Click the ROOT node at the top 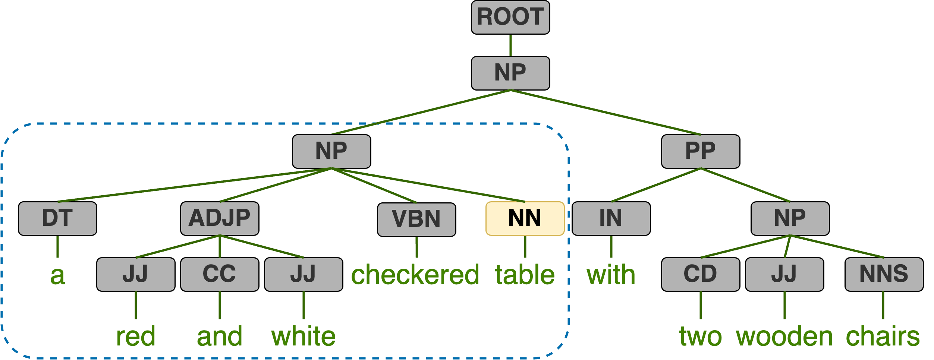click(510, 17)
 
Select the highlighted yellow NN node click(525, 218)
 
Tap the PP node click(700, 151)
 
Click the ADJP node click(220, 218)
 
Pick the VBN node click(416, 220)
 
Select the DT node click(57, 218)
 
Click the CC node click(220, 274)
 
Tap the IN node click(611, 218)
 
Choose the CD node click(700, 274)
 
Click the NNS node click(884, 274)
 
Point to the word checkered click(415, 275)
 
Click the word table click(525, 275)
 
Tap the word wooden click(784, 337)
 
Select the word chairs click(883, 337)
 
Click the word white click(303, 337)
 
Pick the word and click(220, 337)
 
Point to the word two click(700, 337)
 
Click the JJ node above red click(136, 274)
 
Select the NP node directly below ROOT click(510, 73)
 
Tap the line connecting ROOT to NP click(510, 45)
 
